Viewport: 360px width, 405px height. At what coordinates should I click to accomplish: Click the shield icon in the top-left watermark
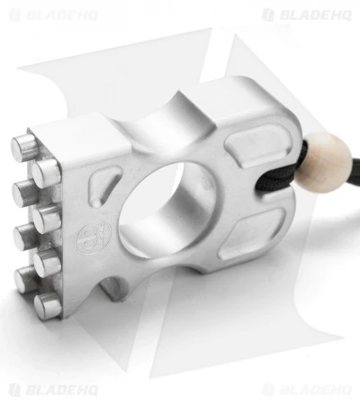14,15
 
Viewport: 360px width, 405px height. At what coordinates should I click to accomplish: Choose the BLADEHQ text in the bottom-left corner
62,390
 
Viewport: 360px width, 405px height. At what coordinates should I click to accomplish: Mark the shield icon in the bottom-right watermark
267,390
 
